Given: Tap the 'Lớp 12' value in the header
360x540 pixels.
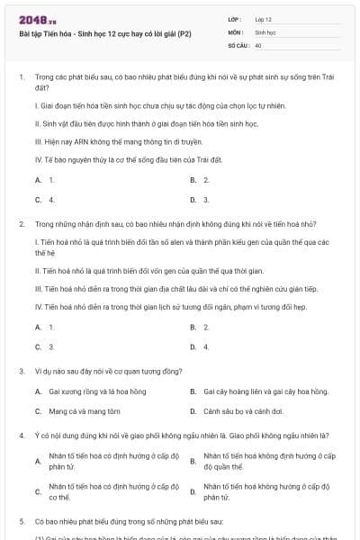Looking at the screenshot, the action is point(263,18).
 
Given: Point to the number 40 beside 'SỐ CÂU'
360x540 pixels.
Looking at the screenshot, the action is point(258,43).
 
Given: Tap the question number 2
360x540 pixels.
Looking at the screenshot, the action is point(21,223).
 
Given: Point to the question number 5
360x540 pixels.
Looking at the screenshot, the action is point(21,521).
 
